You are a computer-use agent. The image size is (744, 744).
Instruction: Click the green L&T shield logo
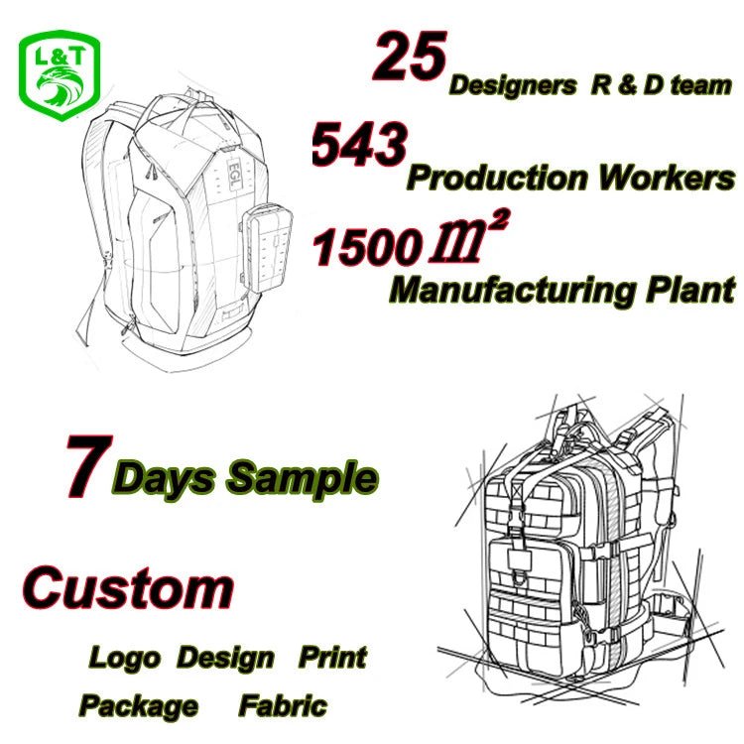pyautogui.click(x=60, y=75)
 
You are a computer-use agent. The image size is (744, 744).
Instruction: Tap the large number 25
pyautogui.click(x=410, y=57)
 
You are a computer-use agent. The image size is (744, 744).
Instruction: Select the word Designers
pyautogui.click(x=513, y=86)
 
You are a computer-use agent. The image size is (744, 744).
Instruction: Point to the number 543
pyautogui.click(x=359, y=143)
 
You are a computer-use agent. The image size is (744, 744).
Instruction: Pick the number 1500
pyautogui.click(x=365, y=247)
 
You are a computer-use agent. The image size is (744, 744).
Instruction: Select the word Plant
pyautogui.click(x=690, y=290)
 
